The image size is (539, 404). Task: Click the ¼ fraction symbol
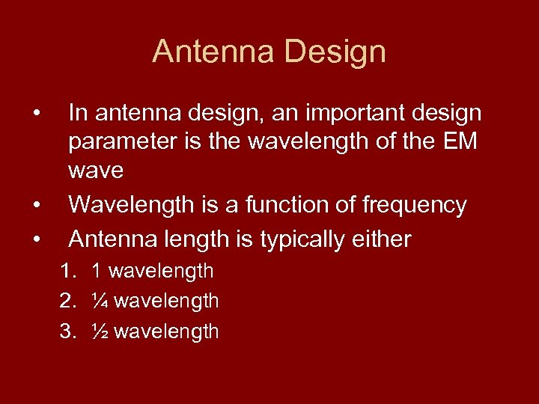[100, 302]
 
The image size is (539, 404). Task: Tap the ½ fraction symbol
[100, 331]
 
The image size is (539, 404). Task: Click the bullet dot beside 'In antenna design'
[35, 113]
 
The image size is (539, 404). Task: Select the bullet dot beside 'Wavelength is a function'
[35, 205]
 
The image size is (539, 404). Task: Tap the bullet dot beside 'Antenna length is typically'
[35, 239]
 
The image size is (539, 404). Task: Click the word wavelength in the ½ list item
[166, 331]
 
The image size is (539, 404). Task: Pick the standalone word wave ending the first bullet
[96, 171]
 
